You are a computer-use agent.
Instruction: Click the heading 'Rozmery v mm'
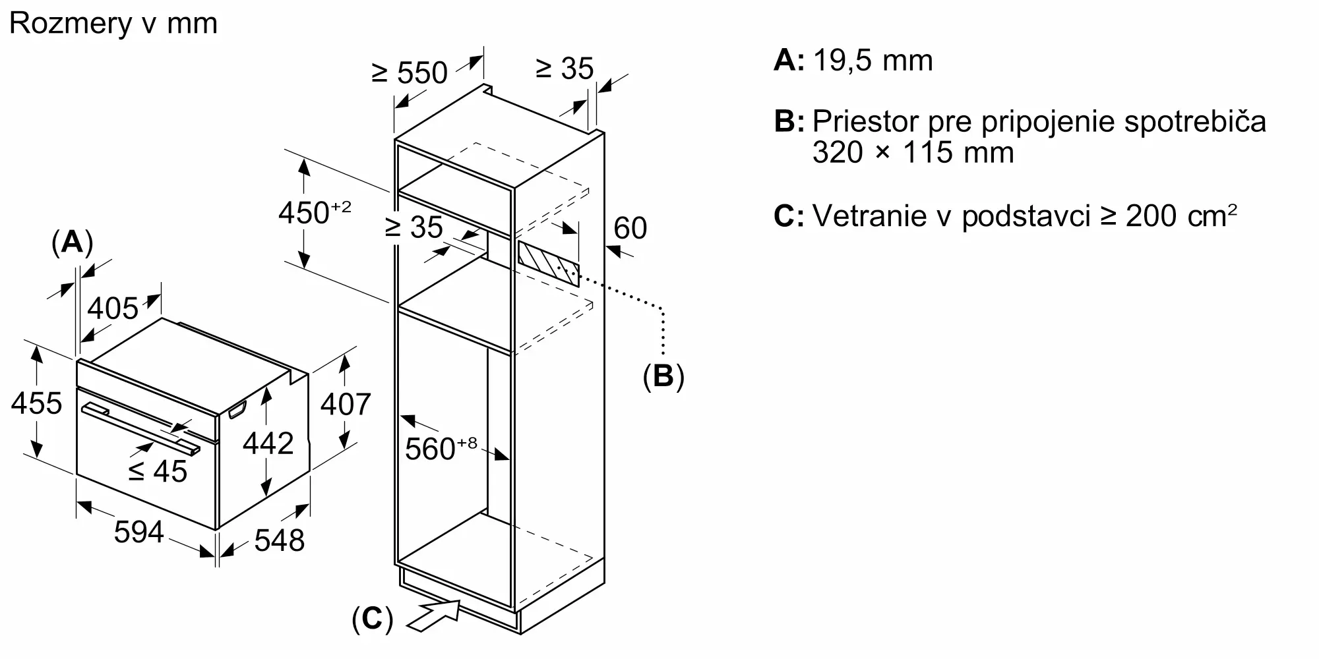point(113,24)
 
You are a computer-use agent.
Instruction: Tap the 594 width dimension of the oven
point(138,532)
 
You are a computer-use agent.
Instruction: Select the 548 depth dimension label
point(280,540)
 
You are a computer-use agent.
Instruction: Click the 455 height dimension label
point(37,403)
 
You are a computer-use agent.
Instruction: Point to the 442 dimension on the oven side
point(268,444)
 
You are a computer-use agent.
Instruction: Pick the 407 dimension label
point(346,404)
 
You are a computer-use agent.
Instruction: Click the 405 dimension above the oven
point(113,308)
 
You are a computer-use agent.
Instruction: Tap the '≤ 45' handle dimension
point(158,471)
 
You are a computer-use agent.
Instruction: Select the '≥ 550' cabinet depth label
point(410,72)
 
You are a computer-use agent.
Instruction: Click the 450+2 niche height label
point(315,212)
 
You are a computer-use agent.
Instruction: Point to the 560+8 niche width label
point(441,448)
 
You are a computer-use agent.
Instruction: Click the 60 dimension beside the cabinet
point(630,228)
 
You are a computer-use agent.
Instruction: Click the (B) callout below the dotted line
point(663,376)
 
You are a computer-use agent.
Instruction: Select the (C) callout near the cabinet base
point(373,619)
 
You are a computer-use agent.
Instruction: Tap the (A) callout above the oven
point(72,243)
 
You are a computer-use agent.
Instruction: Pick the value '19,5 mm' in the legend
point(873,61)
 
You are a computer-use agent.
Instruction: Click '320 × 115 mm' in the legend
point(913,153)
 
